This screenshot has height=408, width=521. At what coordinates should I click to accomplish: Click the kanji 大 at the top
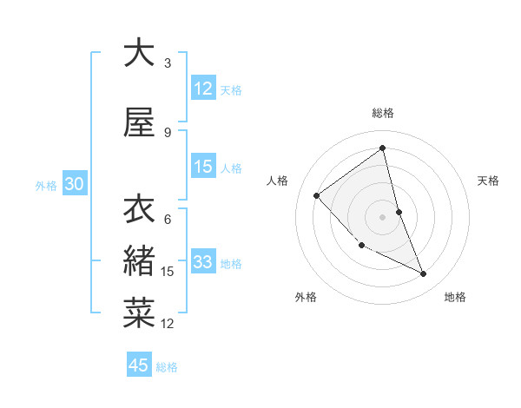pos(139,53)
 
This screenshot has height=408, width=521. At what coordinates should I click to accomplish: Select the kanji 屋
pos(139,124)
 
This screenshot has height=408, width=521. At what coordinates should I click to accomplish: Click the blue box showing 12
pos(203,89)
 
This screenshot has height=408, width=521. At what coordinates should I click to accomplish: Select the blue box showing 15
pos(203,167)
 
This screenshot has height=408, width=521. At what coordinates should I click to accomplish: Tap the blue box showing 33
pos(203,262)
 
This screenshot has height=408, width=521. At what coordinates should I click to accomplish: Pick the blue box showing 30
pos(74,185)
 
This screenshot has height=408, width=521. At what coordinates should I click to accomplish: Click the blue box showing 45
pos(139,365)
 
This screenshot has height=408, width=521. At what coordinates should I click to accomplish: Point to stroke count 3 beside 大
pos(168,63)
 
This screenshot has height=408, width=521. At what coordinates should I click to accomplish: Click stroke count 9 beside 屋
pos(168,133)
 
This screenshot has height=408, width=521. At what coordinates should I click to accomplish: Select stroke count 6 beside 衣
pos(168,219)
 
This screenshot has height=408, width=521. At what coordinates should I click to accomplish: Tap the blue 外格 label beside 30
pos(46,186)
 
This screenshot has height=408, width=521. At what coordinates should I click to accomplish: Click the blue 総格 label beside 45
pos(167,366)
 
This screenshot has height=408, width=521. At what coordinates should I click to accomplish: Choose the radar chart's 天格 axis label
pos(489,181)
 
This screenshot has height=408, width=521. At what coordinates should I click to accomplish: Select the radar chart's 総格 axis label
pos(383,113)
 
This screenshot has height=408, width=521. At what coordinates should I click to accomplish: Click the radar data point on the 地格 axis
pos(424,274)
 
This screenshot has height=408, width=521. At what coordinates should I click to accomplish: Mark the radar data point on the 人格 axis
pos(317,195)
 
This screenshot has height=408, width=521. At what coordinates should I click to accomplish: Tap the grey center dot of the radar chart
pos(383,216)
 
